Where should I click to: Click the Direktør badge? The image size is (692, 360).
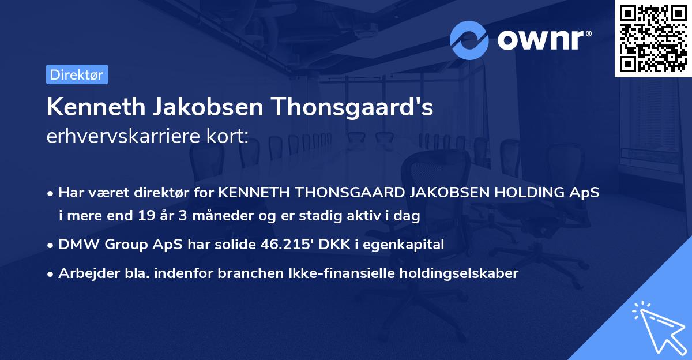tap(77, 74)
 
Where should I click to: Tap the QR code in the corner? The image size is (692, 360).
tap(652, 38)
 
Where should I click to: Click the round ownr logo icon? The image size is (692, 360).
tap(469, 40)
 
